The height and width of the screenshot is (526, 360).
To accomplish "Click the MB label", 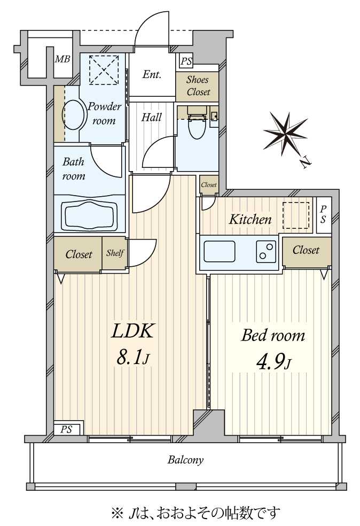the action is pos(62,59).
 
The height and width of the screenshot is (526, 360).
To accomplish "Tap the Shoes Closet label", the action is pos(198,86).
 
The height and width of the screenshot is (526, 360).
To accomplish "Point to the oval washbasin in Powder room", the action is pos(73,114).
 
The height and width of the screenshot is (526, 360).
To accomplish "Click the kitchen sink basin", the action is pos(219,251).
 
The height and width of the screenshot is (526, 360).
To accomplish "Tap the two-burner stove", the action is pos(266,251).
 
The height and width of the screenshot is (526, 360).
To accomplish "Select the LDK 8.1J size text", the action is pos(133,344).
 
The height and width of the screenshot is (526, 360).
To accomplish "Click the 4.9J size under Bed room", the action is pos(273,362).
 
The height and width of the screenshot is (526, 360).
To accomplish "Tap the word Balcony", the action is pos(185,459).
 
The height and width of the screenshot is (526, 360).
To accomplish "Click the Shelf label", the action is pos(115,253).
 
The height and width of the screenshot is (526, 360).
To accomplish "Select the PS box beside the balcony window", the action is pos(67,429).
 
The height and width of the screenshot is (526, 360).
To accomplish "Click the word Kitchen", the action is pos(250,219).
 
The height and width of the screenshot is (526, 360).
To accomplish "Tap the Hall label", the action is pos(152,118).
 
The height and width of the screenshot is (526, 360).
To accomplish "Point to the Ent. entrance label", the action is pos(152,74).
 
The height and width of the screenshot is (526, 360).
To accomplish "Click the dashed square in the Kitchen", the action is pos(296,215).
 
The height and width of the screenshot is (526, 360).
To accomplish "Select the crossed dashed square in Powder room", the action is pos(104,70).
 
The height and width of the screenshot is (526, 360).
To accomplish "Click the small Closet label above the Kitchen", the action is pos(209,185).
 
